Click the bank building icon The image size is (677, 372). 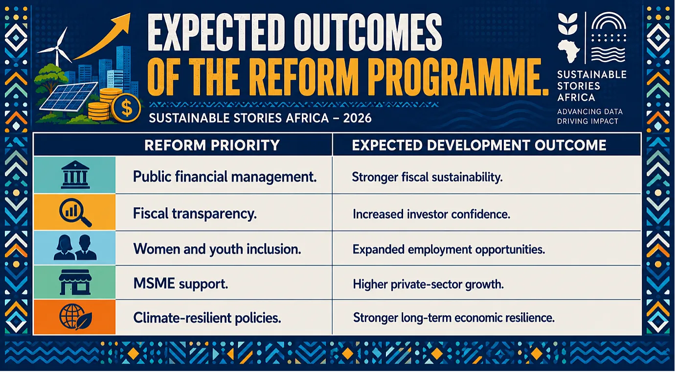75,175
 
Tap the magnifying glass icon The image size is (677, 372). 75,212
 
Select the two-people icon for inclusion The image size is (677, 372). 75,248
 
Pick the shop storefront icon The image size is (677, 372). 75,282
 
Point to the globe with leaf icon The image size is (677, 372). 75,317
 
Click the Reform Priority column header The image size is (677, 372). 212,145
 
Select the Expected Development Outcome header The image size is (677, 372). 479,145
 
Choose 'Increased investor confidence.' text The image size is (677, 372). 431,214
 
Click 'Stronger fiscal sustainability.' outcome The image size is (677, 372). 427,177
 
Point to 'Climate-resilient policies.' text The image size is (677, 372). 207,318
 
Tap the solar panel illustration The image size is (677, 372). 69,96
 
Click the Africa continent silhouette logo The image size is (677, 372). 569,51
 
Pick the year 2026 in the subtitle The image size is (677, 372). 357,118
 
